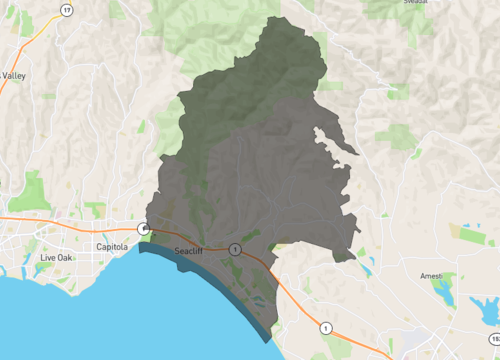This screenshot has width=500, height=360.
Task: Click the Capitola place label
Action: point(114,245)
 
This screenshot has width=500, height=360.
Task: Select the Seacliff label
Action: point(188,251)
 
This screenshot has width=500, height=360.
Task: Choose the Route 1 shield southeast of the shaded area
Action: point(325,327)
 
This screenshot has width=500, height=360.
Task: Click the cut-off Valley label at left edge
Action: point(13,75)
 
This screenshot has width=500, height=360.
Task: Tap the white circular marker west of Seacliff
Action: point(145,229)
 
